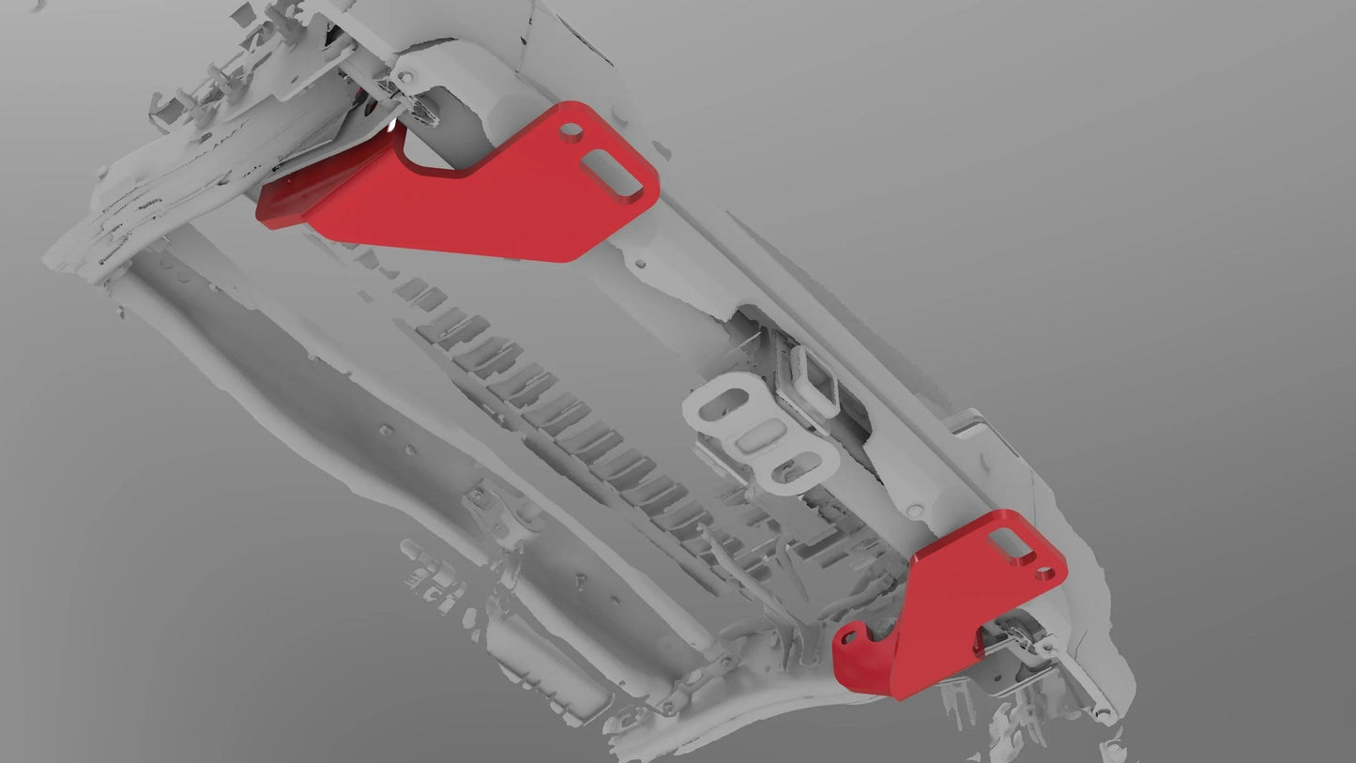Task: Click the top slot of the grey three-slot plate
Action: [724, 407]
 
